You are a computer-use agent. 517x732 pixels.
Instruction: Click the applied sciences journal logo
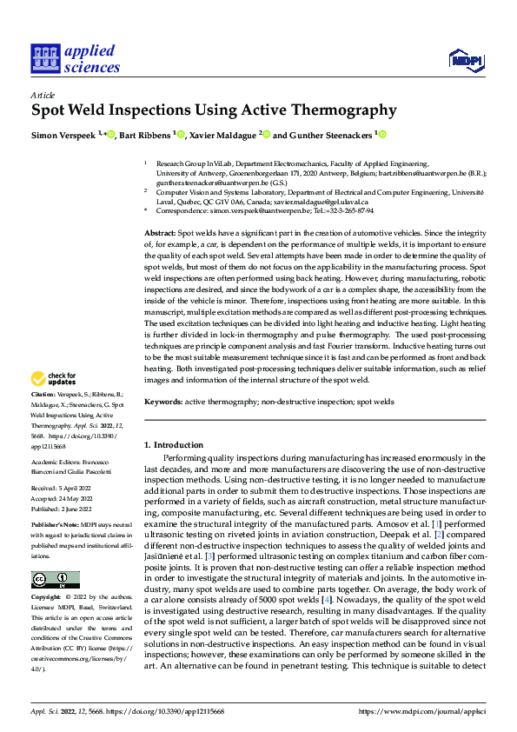point(75,59)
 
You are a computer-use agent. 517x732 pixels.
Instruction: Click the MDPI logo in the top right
point(465,59)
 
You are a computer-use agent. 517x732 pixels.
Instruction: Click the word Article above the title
point(43,95)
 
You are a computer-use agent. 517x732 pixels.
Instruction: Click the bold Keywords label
point(163,402)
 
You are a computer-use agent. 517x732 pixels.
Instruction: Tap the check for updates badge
point(53,403)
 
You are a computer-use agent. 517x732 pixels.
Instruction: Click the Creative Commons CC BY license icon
point(55,579)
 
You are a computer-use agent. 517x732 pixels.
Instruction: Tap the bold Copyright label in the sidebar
point(45,598)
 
